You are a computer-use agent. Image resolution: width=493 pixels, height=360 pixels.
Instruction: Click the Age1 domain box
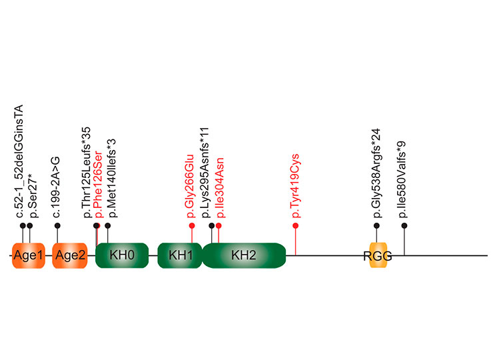[x=27, y=256]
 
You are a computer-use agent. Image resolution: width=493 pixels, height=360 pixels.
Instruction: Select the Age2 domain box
[x=70, y=256]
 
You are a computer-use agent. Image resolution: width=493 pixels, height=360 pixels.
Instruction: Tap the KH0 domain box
[x=122, y=256]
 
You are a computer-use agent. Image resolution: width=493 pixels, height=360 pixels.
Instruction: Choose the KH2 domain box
[x=244, y=256]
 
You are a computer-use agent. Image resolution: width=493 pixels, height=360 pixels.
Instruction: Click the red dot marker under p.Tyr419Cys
[x=296, y=226]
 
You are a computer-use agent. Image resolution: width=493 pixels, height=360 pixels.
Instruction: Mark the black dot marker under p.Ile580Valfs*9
[x=404, y=226]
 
